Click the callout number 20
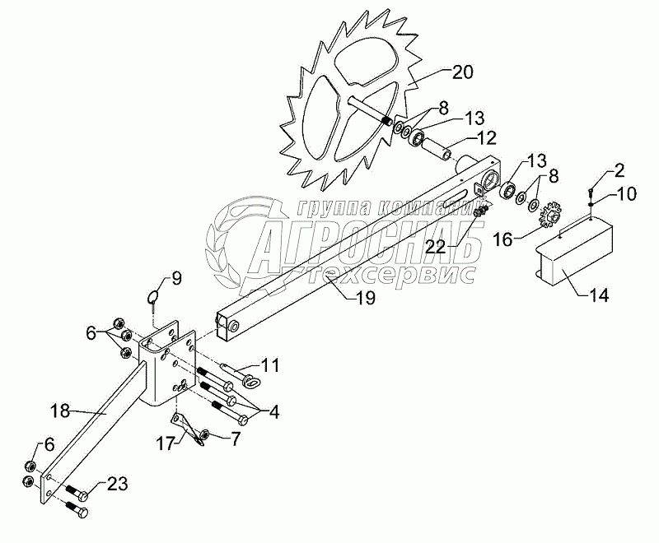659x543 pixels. [x=462, y=72]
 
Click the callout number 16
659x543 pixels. [x=502, y=239]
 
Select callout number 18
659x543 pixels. [x=72, y=408]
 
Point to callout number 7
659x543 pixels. [x=235, y=439]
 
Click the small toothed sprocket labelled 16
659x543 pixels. [x=548, y=220]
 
